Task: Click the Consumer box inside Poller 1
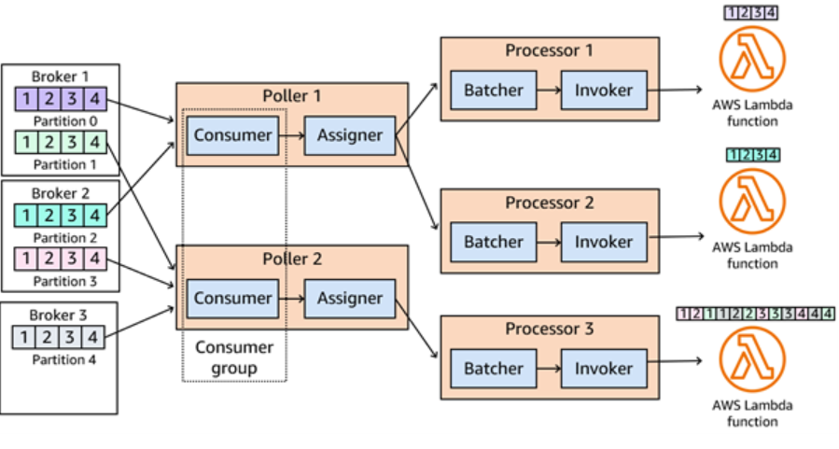pyautogui.click(x=231, y=135)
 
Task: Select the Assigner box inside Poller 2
pyautogui.click(x=350, y=299)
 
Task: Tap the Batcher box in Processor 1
pyautogui.click(x=494, y=91)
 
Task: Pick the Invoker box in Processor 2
pyautogui.click(x=603, y=242)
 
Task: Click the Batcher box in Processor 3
pyautogui.click(x=494, y=369)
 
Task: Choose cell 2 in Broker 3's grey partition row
pyautogui.click(x=47, y=336)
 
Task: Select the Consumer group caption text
pyautogui.click(x=234, y=358)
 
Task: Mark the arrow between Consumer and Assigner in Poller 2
pyautogui.click(x=291, y=299)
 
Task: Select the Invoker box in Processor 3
pyautogui.click(x=603, y=369)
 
